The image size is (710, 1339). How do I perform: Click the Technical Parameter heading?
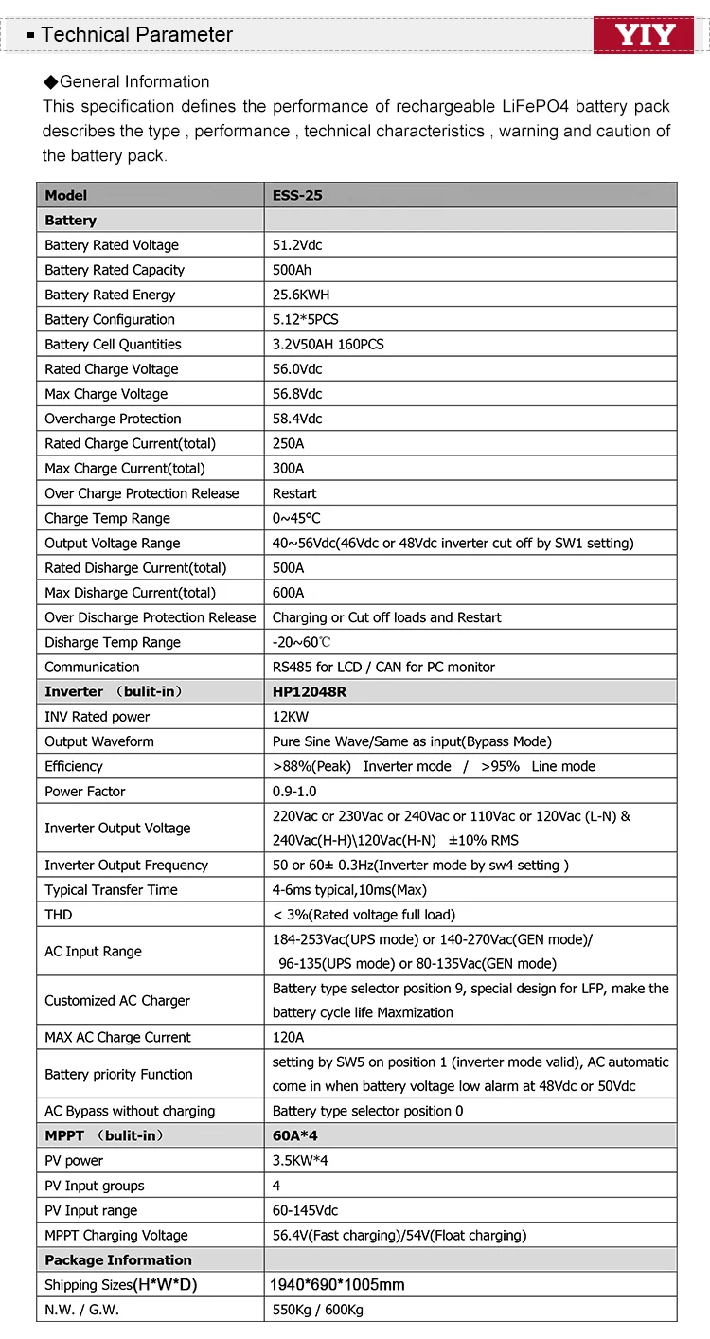pyautogui.click(x=136, y=35)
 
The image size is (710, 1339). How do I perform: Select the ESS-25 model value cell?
pyautogui.click(x=297, y=195)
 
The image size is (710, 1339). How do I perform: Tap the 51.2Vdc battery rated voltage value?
pyautogui.click(x=297, y=245)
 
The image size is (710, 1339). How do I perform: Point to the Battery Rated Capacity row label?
pyautogui.click(x=115, y=270)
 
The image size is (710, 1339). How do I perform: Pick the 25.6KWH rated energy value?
pyautogui.click(x=301, y=295)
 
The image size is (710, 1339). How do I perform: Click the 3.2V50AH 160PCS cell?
pyautogui.click(x=328, y=345)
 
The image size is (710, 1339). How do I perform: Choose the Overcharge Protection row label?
pyautogui.click(x=113, y=419)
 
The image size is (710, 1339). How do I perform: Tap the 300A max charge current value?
pyautogui.click(x=288, y=469)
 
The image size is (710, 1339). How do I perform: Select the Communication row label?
pyautogui.click(x=92, y=667)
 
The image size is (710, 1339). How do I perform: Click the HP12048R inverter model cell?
pyautogui.click(x=310, y=692)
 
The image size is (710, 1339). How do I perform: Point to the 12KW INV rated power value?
pyautogui.click(x=290, y=717)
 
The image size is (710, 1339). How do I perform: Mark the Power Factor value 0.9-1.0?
pyautogui.click(x=294, y=792)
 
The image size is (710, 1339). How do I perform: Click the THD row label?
pyautogui.click(x=58, y=915)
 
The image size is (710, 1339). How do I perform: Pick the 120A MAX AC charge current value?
pyautogui.click(x=288, y=1038)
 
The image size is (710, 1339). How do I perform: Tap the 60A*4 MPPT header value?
pyautogui.click(x=294, y=1135)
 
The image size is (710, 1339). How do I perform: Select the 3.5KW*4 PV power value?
pyautogui.click(x=300, y=1161)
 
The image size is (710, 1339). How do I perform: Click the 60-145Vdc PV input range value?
pyautogui.click(x=305, y=1210)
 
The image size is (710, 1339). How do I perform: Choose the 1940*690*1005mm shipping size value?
pyautogui.click(x=337, y=1285)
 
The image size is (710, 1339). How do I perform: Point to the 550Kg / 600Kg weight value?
pyautogui.click(x=317, y=1310)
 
